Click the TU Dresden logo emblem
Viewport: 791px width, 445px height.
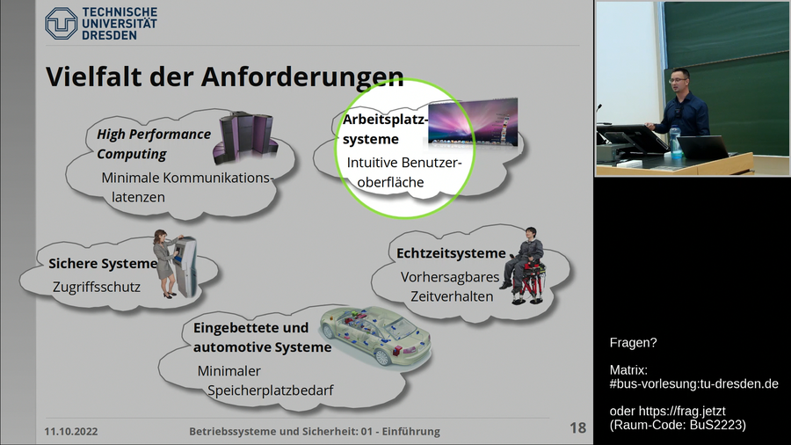tap(61, 23)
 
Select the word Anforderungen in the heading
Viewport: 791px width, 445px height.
tap(302, 77)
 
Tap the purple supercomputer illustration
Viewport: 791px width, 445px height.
tap(245, 138)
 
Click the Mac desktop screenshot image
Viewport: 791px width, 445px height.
tap(473, 122)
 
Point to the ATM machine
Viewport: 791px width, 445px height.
tap(185, 266)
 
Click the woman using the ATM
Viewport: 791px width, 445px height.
tap(165, 263)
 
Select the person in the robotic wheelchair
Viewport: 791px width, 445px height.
tap(526, 266)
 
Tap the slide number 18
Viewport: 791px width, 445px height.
tap(577, 427)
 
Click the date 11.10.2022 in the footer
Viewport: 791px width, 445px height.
tap(71, 432)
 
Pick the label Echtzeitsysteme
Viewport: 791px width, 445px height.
tap(451, 253)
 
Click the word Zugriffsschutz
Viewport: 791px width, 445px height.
tap(97, 287)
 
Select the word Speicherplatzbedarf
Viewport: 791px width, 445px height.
tap(271, 390)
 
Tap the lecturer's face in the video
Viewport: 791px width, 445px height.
tap(679, 81)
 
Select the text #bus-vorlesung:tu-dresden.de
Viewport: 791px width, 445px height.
tap(693, 384)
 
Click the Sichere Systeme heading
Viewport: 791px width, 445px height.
tap(103, 263)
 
